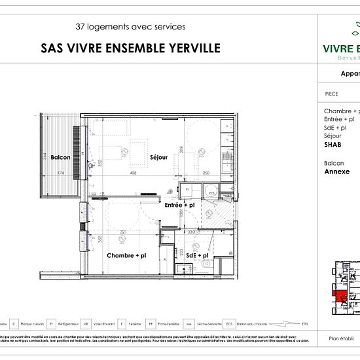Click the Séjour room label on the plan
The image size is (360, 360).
158,158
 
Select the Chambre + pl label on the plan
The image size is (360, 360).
126,255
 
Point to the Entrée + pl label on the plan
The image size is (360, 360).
179,206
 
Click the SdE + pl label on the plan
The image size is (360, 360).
197,255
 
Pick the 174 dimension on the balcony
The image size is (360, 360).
60,173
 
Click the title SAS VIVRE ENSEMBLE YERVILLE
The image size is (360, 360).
130,48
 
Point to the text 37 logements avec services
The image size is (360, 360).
130,27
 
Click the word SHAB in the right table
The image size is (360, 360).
333,145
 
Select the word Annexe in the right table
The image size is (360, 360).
337,171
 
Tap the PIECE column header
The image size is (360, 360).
332,94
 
